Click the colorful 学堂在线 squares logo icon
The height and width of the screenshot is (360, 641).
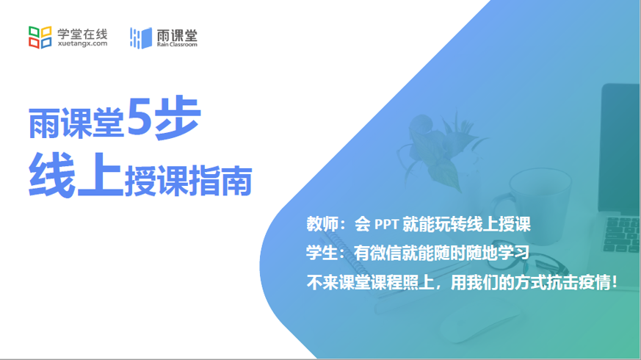click(40, 36)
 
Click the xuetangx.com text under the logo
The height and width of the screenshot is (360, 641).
click(82, 44)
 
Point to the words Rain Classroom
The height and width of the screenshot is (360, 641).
click(176, 45)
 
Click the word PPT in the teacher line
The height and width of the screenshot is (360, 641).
click(386, 225)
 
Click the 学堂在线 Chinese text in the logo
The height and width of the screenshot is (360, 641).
click(82, 32)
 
